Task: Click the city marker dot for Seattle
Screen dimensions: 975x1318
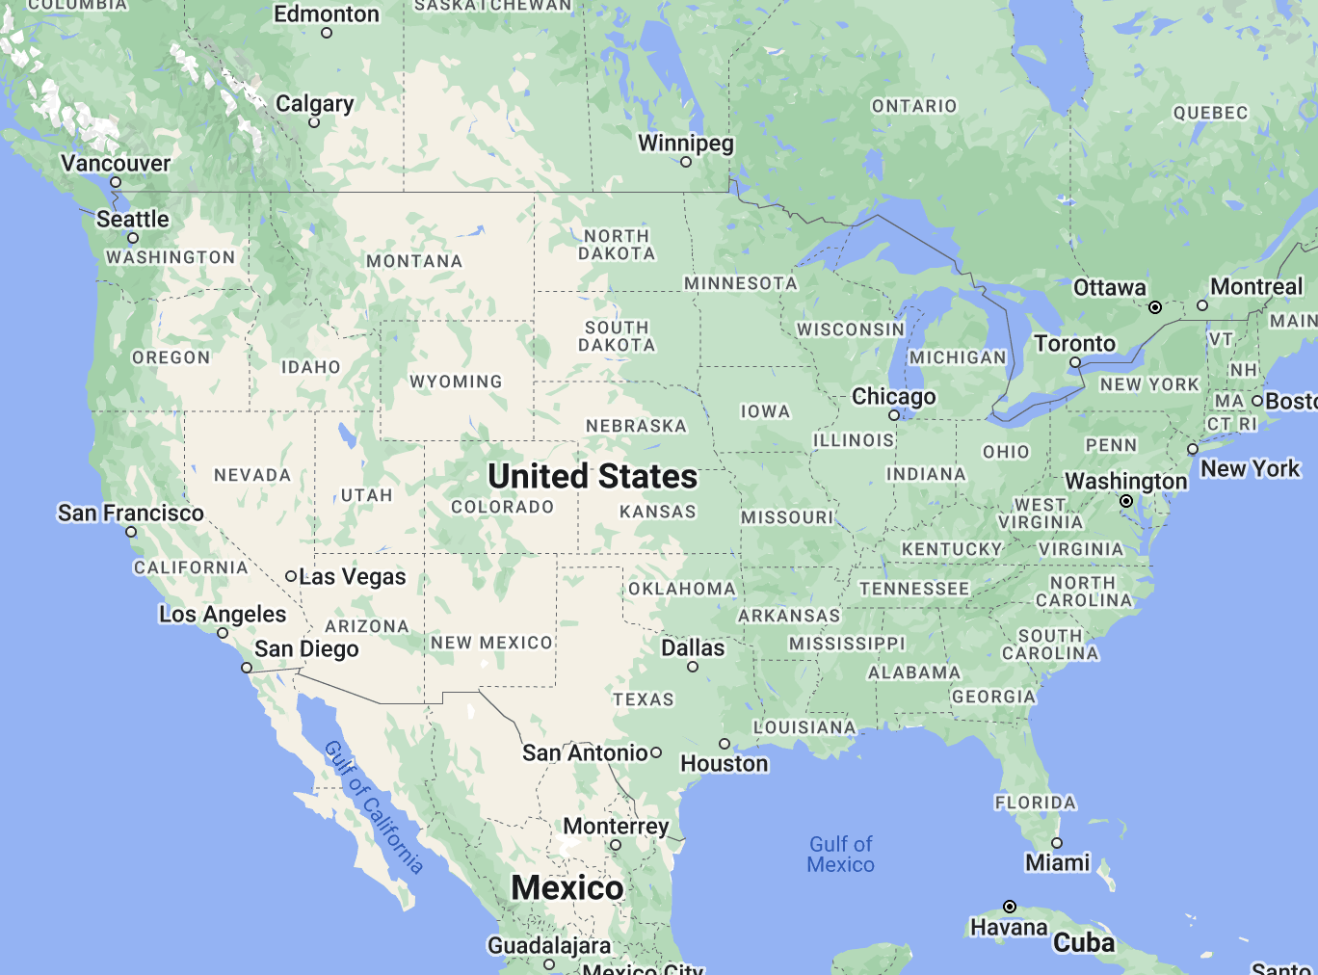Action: pyautogui.click(x=133, y=238)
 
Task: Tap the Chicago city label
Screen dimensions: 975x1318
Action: pyautogui.click(x=893, y=396)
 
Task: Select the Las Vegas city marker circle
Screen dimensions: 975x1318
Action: pyautogui.click(x=291, y=576)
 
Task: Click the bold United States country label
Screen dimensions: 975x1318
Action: pyautogui.click(x=593, y=476)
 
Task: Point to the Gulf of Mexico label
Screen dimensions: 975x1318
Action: pyautogui.click(x=841, y=855)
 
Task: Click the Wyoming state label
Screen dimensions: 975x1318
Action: pyautogui.click(x=456, y=382)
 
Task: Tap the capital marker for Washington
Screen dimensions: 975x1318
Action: pyautogui.click(x=1126, y=501)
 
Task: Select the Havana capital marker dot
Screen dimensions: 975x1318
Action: pyautogui.click(x=1010, y=907)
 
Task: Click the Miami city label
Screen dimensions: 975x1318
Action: pyautogui.click(x=1057, y=862)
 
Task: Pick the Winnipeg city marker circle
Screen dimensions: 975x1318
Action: pyautogui.click(x=686, y=162)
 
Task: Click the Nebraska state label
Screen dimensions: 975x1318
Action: pyautogui.click(x=636, y=426)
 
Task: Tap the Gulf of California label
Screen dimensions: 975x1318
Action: pyautogui.click(x=374, y=807)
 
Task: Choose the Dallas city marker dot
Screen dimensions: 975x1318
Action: pyautogui.click(x=693, y=667)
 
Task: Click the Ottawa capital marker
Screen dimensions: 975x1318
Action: pyautogui.click(x=1155, y=307)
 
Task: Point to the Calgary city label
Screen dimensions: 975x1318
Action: pyautogui.click(x=314, y=103)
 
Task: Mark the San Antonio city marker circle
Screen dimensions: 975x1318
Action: pyautogui.click(x=656, y=752)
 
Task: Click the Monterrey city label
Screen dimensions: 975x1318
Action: pyautogui.click(x=616, y=826)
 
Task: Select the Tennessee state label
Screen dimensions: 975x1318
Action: pyautogui.click(x=914, y=589)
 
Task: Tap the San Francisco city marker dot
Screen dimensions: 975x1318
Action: pyautogui.click(x=131, y=532)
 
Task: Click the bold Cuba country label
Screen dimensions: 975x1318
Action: pyautogui.click(x=1084, y=942)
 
